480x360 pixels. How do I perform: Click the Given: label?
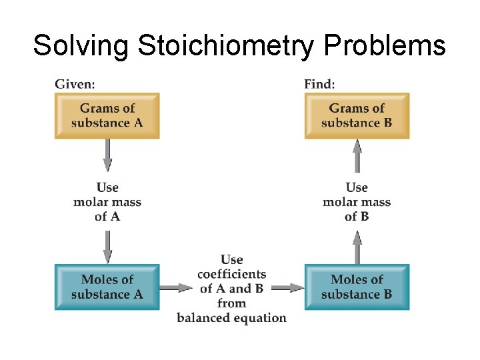point(75,84)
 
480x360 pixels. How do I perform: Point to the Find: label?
point(319,84)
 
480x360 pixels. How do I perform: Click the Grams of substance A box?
point(107,115)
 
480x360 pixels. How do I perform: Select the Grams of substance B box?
point(357,115)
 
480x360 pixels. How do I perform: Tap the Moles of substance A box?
point(107,287)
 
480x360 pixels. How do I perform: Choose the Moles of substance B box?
point(357,287)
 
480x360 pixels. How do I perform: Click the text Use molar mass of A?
point(107,202)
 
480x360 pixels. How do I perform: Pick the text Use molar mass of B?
point(357,202)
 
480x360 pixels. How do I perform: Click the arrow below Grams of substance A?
point(107,156)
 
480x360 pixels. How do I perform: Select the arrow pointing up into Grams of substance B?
point(357,156)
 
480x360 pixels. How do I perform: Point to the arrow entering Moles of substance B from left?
point(288,288)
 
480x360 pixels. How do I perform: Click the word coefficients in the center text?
point(231,274)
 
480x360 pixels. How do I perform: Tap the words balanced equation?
point(231,318)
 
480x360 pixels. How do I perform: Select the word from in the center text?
point(231,303)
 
